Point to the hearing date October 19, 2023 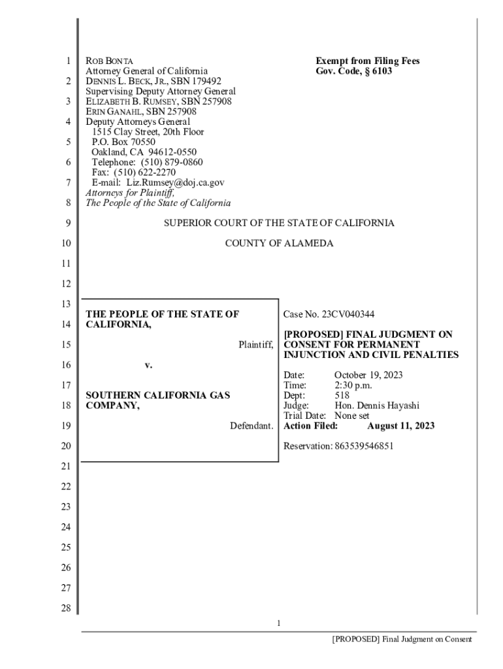[x=368, y=375]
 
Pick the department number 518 [x=342, y=395]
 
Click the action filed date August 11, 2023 [x=400, y=426]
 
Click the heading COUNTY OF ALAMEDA [x=279, y=243]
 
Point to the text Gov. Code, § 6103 [x=354, y=71]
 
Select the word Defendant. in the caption [x=252, y=426]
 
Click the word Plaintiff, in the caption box [x=255, y=344]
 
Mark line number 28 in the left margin [x=65, y=608]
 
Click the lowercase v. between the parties [x=148, y=365]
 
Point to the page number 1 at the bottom [x=278, y=623]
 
